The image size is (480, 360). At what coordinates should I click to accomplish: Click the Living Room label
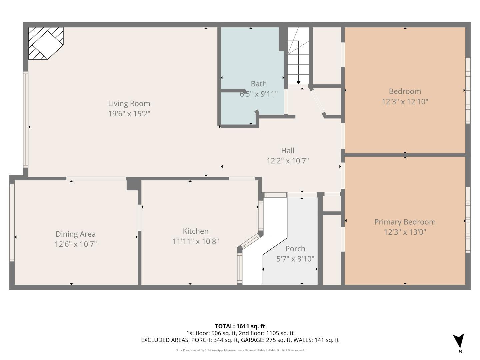(129, 104)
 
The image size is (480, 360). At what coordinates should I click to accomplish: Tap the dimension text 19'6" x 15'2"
(129, 114)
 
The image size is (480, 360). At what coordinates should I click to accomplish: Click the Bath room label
(259, 84)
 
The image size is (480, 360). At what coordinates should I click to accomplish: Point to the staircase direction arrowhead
(298, 82)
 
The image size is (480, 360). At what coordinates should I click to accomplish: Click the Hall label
(288, 151)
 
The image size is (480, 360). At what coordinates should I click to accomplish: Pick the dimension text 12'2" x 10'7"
(288, 161)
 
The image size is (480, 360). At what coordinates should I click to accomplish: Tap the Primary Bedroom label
(405, 222)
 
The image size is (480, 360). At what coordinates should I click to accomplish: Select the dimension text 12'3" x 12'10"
(405, 102)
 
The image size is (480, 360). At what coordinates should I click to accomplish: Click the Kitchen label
(196, 231)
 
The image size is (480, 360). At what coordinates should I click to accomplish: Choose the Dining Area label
(76, 234)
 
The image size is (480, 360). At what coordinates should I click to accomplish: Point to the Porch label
(295, 249)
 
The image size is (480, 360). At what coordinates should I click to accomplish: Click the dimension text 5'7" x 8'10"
(295, 259)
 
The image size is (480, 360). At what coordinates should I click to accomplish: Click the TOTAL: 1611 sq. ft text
(240, 326)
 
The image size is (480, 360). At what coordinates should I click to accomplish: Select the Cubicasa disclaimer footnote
(240, 350)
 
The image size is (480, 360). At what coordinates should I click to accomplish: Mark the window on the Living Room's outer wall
(25, 119)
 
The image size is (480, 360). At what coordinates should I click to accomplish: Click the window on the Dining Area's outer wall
(12, 222)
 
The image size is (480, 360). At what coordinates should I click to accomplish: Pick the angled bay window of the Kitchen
(250, 241)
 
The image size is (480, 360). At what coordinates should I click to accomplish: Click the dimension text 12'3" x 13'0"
(405, 232)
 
